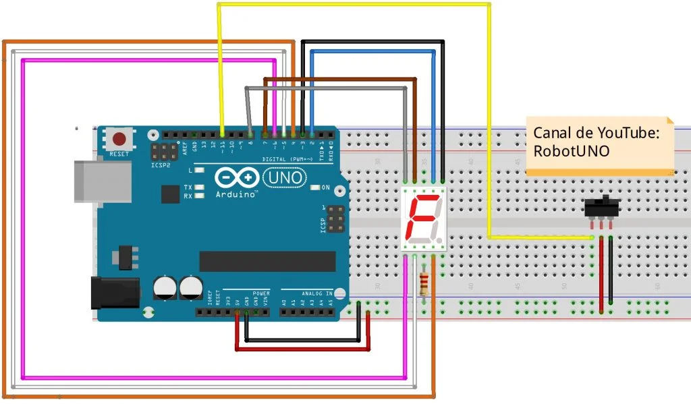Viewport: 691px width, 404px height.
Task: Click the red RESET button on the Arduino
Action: (x=119, y=140)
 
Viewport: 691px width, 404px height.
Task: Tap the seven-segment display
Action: (x=423, y=219)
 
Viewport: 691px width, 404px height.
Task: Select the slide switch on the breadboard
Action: (x=603, y=207)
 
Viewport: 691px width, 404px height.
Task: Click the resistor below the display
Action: (x=424, y=283)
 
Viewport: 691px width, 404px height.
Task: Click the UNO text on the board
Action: (x=283, y=177)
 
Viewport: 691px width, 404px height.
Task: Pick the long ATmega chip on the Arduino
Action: (x=267, y=260)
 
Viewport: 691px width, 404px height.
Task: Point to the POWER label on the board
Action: (x=261, y=293)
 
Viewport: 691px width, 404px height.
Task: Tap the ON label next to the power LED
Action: (x=326, y=187)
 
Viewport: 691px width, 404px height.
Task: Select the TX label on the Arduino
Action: (x=188, y=187)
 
